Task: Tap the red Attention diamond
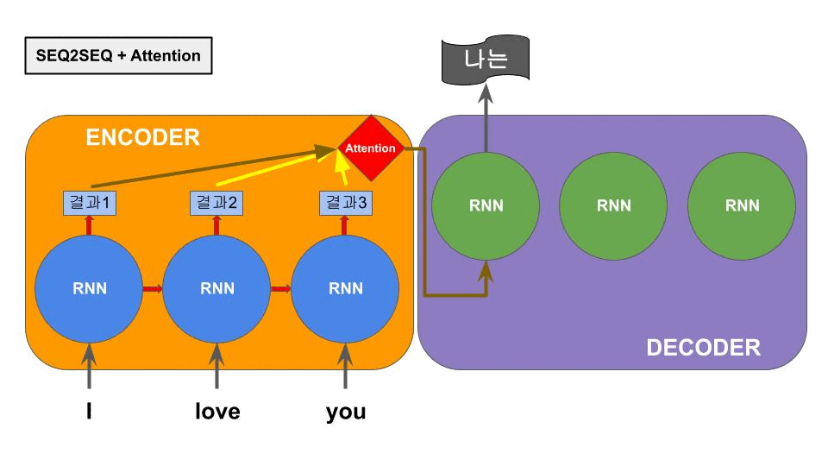[x=370, y=148]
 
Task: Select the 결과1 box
[x=91, y=204]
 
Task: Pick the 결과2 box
[x=216, y=204]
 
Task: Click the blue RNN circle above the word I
[x=89, y=288]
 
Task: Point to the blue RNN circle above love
[x=216, y=288]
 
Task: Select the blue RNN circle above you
[x=345, y=288]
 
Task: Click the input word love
[x=216, y=412]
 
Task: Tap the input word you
[x=345, y=412]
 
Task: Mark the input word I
[x=89, y=412]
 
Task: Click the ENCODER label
[x=142, y=137]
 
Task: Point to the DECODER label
[x=703, y=348]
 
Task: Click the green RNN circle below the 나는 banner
[x=486, y=205]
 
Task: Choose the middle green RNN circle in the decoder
[x=613, y=205]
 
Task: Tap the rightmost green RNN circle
[x=742, y=205]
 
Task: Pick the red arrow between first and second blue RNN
[x=153, y=288]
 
